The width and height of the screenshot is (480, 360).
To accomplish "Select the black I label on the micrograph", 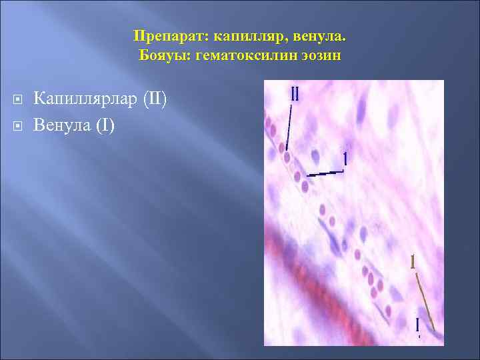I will (345, 159).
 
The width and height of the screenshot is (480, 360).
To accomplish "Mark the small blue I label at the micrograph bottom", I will (417, 325).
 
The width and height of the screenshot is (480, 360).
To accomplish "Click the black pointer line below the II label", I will (289, 127).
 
